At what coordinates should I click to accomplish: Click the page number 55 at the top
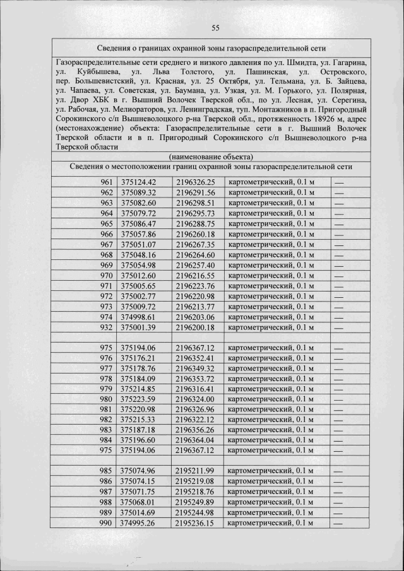(215, 28)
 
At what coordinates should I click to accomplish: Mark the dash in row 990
(339, 523)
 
